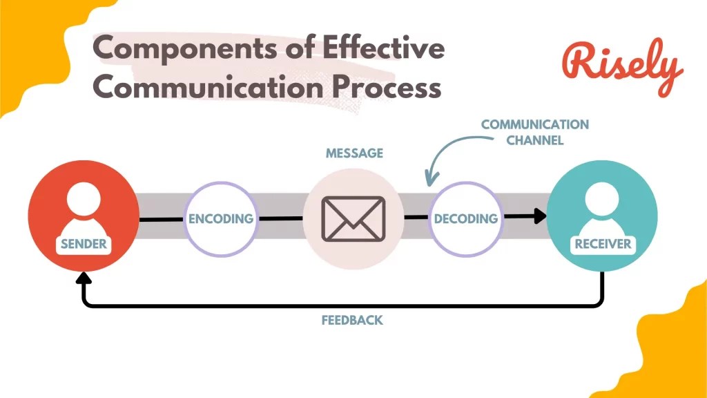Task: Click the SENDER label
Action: [84, 244]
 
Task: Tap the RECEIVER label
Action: [603, 244]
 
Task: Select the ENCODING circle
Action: [221, 218]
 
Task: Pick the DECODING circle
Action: [465, 218]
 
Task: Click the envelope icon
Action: [353, 218]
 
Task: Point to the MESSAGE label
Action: [354, 153]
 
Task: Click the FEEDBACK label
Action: [352, 321]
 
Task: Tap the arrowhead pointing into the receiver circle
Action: [539, 216]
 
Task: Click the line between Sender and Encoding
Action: [162, 220]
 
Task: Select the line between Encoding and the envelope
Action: [280, 218]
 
